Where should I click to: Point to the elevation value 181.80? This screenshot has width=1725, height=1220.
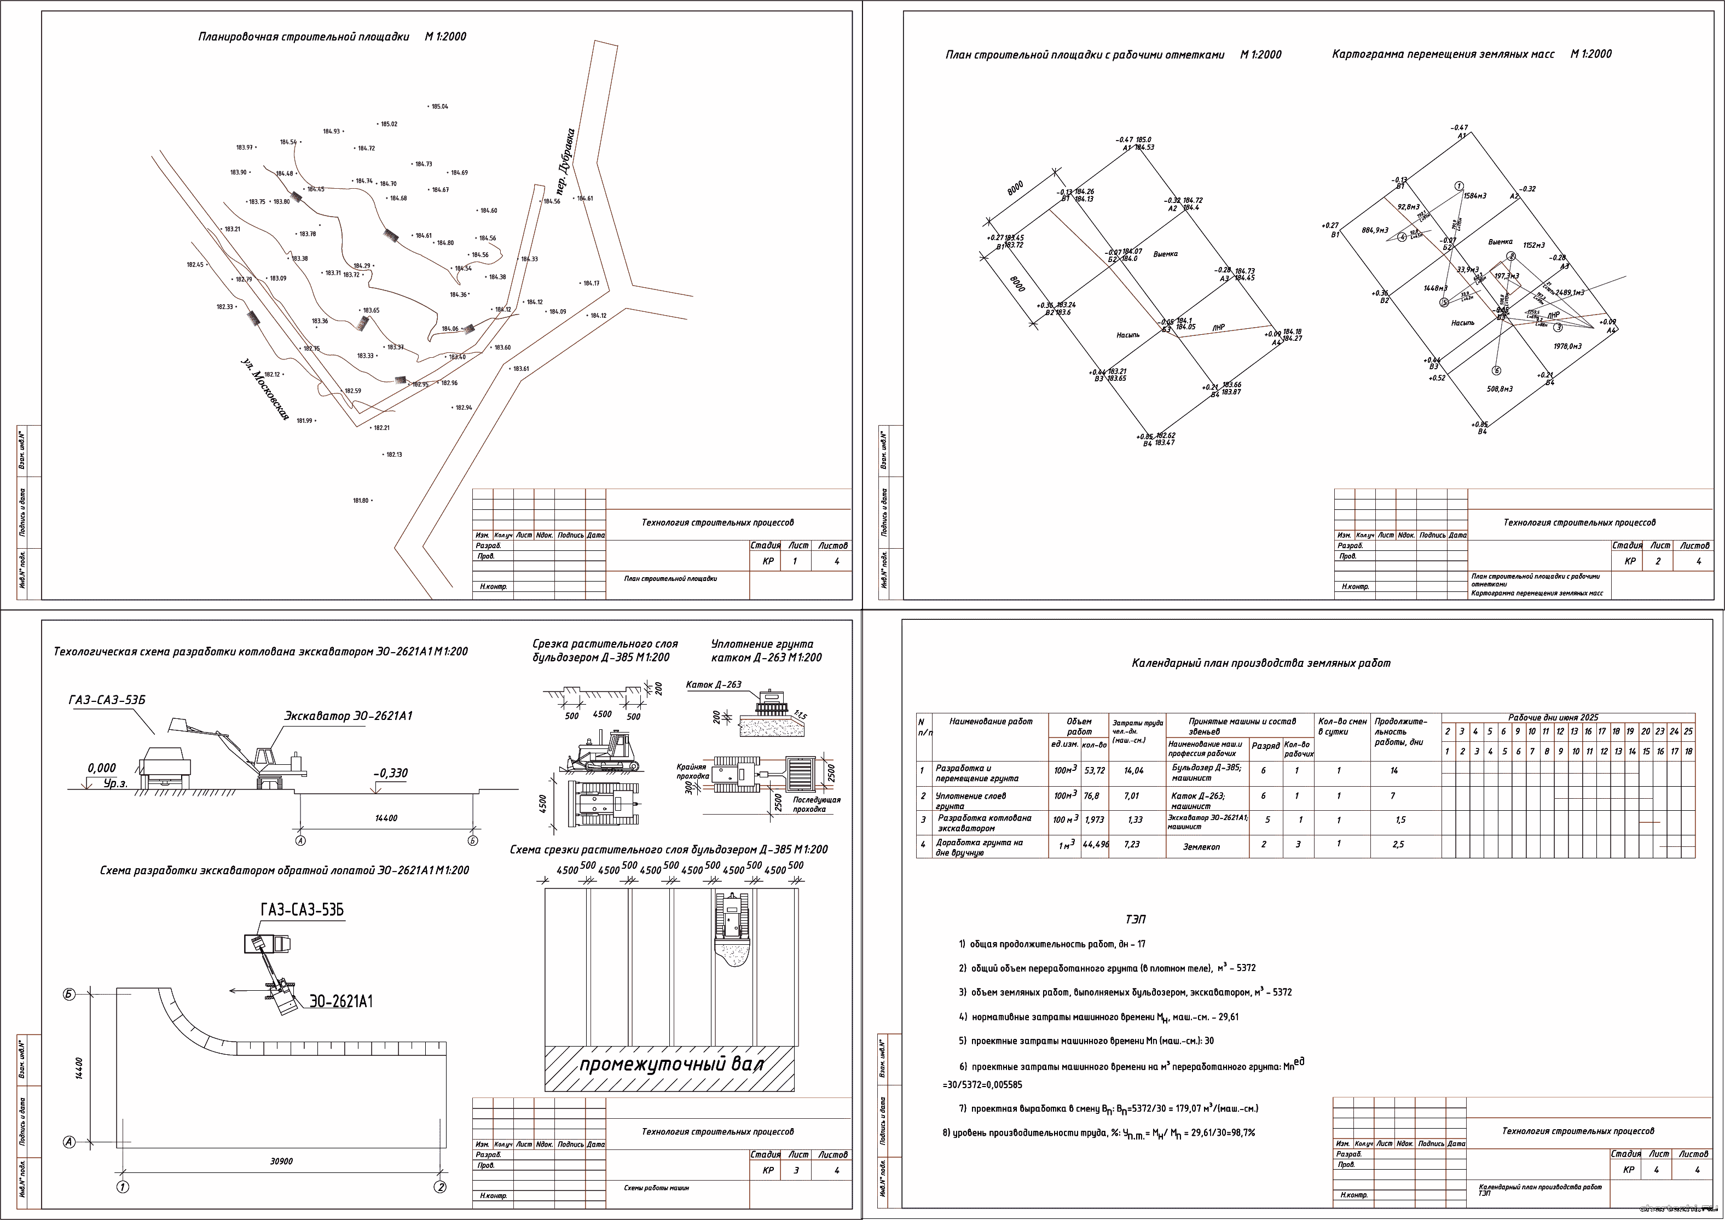361,501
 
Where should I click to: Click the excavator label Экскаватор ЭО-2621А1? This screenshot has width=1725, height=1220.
348,716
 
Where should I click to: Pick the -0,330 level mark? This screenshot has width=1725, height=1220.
391,773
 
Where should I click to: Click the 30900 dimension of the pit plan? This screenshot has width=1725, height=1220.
282,1161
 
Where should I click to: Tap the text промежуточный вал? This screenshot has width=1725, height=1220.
671,1065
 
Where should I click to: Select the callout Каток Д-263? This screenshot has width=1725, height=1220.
713,684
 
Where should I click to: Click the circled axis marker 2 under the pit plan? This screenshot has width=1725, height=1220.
441,1187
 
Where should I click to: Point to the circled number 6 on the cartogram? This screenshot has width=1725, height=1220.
1497,370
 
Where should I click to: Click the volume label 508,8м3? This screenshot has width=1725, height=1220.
1500,389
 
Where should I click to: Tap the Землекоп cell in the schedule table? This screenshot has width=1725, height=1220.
1201,847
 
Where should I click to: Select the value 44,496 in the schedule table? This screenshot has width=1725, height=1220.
1096,844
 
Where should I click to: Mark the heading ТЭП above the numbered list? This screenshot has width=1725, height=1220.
1135,920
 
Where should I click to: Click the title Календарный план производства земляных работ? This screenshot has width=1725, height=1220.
1261,663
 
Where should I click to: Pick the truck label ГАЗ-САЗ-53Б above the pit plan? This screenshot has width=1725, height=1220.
302,910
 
